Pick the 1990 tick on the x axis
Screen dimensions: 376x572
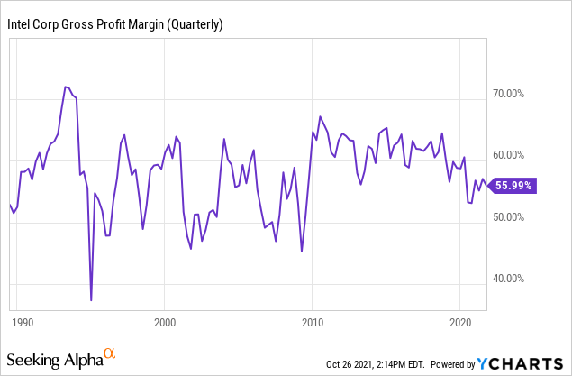17,322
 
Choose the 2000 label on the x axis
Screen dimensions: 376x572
164,322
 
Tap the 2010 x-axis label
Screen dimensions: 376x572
312,322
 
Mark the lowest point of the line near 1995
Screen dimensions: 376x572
91,299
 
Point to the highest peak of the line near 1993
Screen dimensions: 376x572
66,87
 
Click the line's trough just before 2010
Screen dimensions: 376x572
302,251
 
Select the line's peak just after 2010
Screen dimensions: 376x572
320,116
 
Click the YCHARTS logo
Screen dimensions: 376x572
523,362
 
